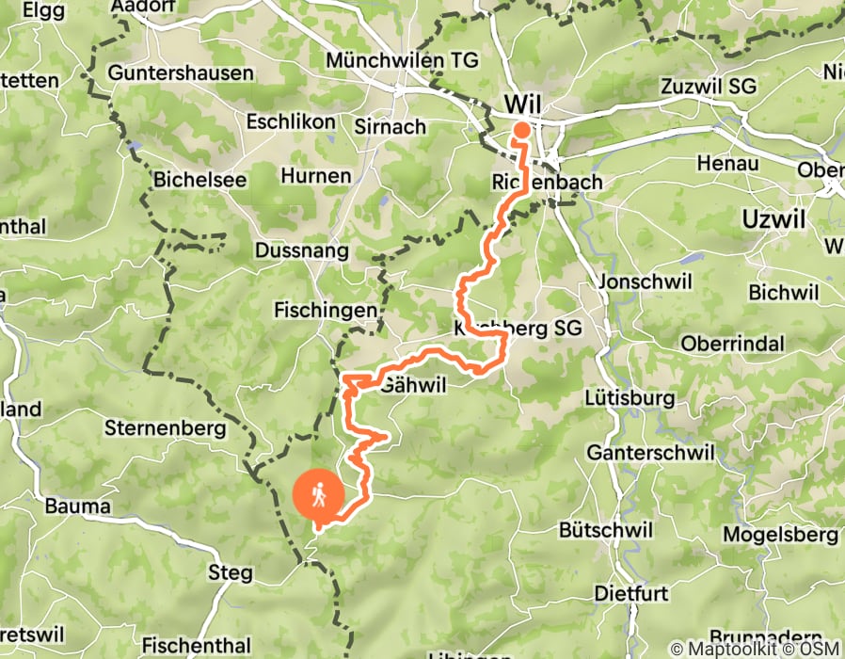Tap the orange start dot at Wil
point(520,130)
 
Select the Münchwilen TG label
point(402,60)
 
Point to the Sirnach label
point(391,125)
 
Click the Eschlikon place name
point(290,122)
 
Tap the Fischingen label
point(326,310)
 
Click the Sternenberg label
point(166,429)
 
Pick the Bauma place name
point(77,506)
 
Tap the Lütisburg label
point(629,397)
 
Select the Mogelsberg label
point(780,534)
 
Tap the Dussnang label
point(301,251)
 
